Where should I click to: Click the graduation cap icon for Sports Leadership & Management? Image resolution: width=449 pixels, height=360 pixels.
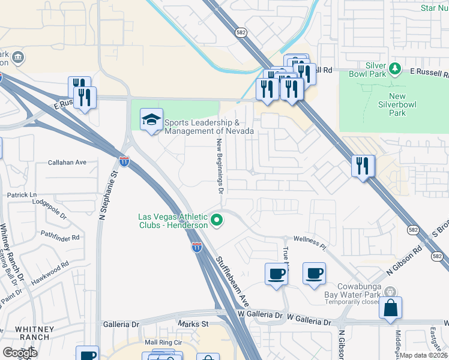(x=151, y=119)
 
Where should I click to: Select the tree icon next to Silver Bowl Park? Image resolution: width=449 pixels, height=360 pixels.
(x=394, y=69)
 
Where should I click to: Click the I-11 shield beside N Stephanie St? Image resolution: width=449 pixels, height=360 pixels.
(x=124, y=161)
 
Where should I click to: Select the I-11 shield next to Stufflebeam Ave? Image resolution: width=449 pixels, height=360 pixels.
(x=197, y=247)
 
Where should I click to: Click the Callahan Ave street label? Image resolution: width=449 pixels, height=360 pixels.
(x=68, y=162)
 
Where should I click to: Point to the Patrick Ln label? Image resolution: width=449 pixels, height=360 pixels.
(x=22, y=195)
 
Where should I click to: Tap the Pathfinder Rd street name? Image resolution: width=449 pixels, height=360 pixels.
(x=60, y=236)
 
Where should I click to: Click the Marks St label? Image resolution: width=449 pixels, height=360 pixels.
(x=193, y=324)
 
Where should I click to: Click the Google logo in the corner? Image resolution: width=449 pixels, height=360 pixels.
(x=19, y=353)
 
